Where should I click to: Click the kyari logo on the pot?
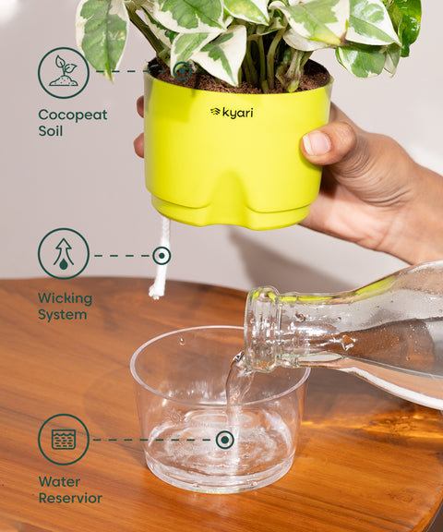coord(231,112)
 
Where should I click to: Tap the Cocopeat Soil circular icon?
coord(64,73)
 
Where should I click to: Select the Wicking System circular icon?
coord(64,254)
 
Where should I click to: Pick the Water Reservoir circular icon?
coord(64,440)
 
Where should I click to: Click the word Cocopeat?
coord(72,115)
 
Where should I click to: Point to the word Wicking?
coord(65,298)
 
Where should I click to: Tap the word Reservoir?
coord(70,499)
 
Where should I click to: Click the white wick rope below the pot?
coord(160,277)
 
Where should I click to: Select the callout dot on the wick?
coord(162,255)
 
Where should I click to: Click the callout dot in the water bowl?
coord(224,440)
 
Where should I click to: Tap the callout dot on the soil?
coord(183,69)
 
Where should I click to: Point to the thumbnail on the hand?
coord(317,142)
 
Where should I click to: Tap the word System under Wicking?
coord(62,315)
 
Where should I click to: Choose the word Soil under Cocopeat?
coord(51,131)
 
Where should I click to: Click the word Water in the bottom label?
coord(59,481)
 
